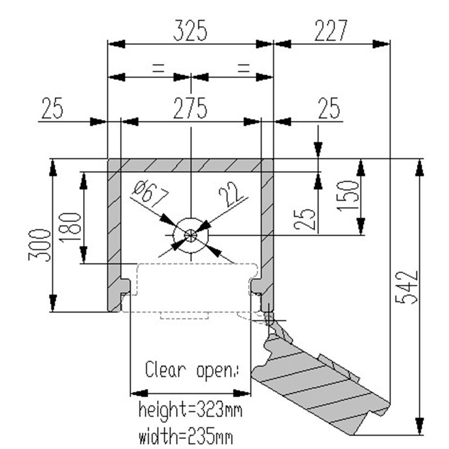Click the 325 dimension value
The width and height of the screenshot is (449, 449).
pyautogui.click(x=190, y=32)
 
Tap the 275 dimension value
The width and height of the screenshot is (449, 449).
pyautogui.click(x=190, y=109)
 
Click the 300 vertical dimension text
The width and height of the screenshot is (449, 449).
pyautogui.click(x=39, y=244)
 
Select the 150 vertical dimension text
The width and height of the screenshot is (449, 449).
pyautogui.click(x=349, y=195)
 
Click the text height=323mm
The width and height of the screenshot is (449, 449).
pyautogui.click(x=190, y=409)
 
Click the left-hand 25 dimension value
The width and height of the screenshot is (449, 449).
pyautogui.click(x=53, y=109)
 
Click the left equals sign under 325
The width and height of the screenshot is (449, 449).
pyautogui.click(x=158, y=68)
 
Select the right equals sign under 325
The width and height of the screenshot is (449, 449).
pyautogui.click(x=242, y=68)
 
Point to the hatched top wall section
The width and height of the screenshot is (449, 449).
pyautogui.click(x=190, y=165)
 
